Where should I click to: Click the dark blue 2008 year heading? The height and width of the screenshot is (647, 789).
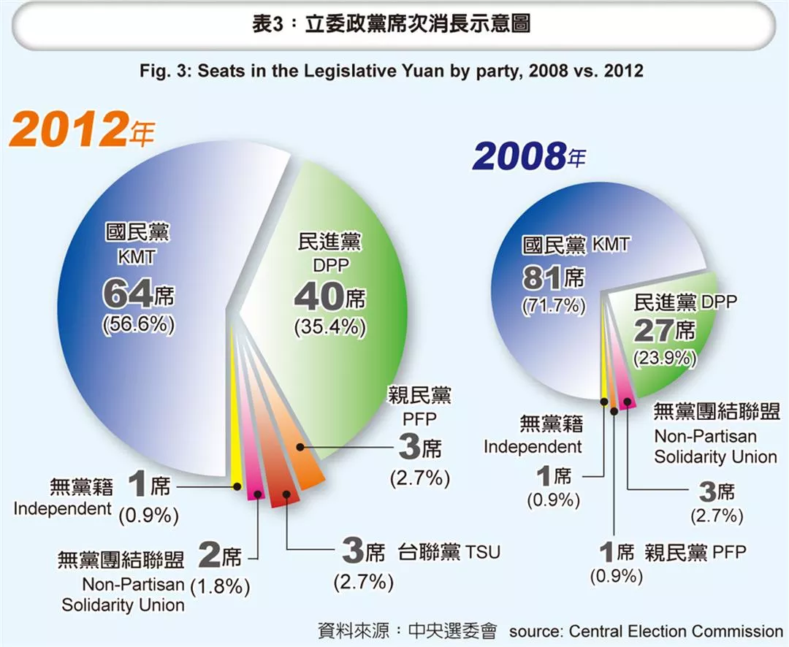point(519,156)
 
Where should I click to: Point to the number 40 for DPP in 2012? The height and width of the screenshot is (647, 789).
point(318,297)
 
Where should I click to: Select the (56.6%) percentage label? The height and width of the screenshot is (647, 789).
point(139,325)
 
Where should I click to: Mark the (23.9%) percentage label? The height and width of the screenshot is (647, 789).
point(665,359)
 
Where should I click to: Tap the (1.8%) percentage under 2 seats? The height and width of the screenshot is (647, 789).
point(220,586)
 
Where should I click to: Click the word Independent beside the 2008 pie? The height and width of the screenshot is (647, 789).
point(533,446)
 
